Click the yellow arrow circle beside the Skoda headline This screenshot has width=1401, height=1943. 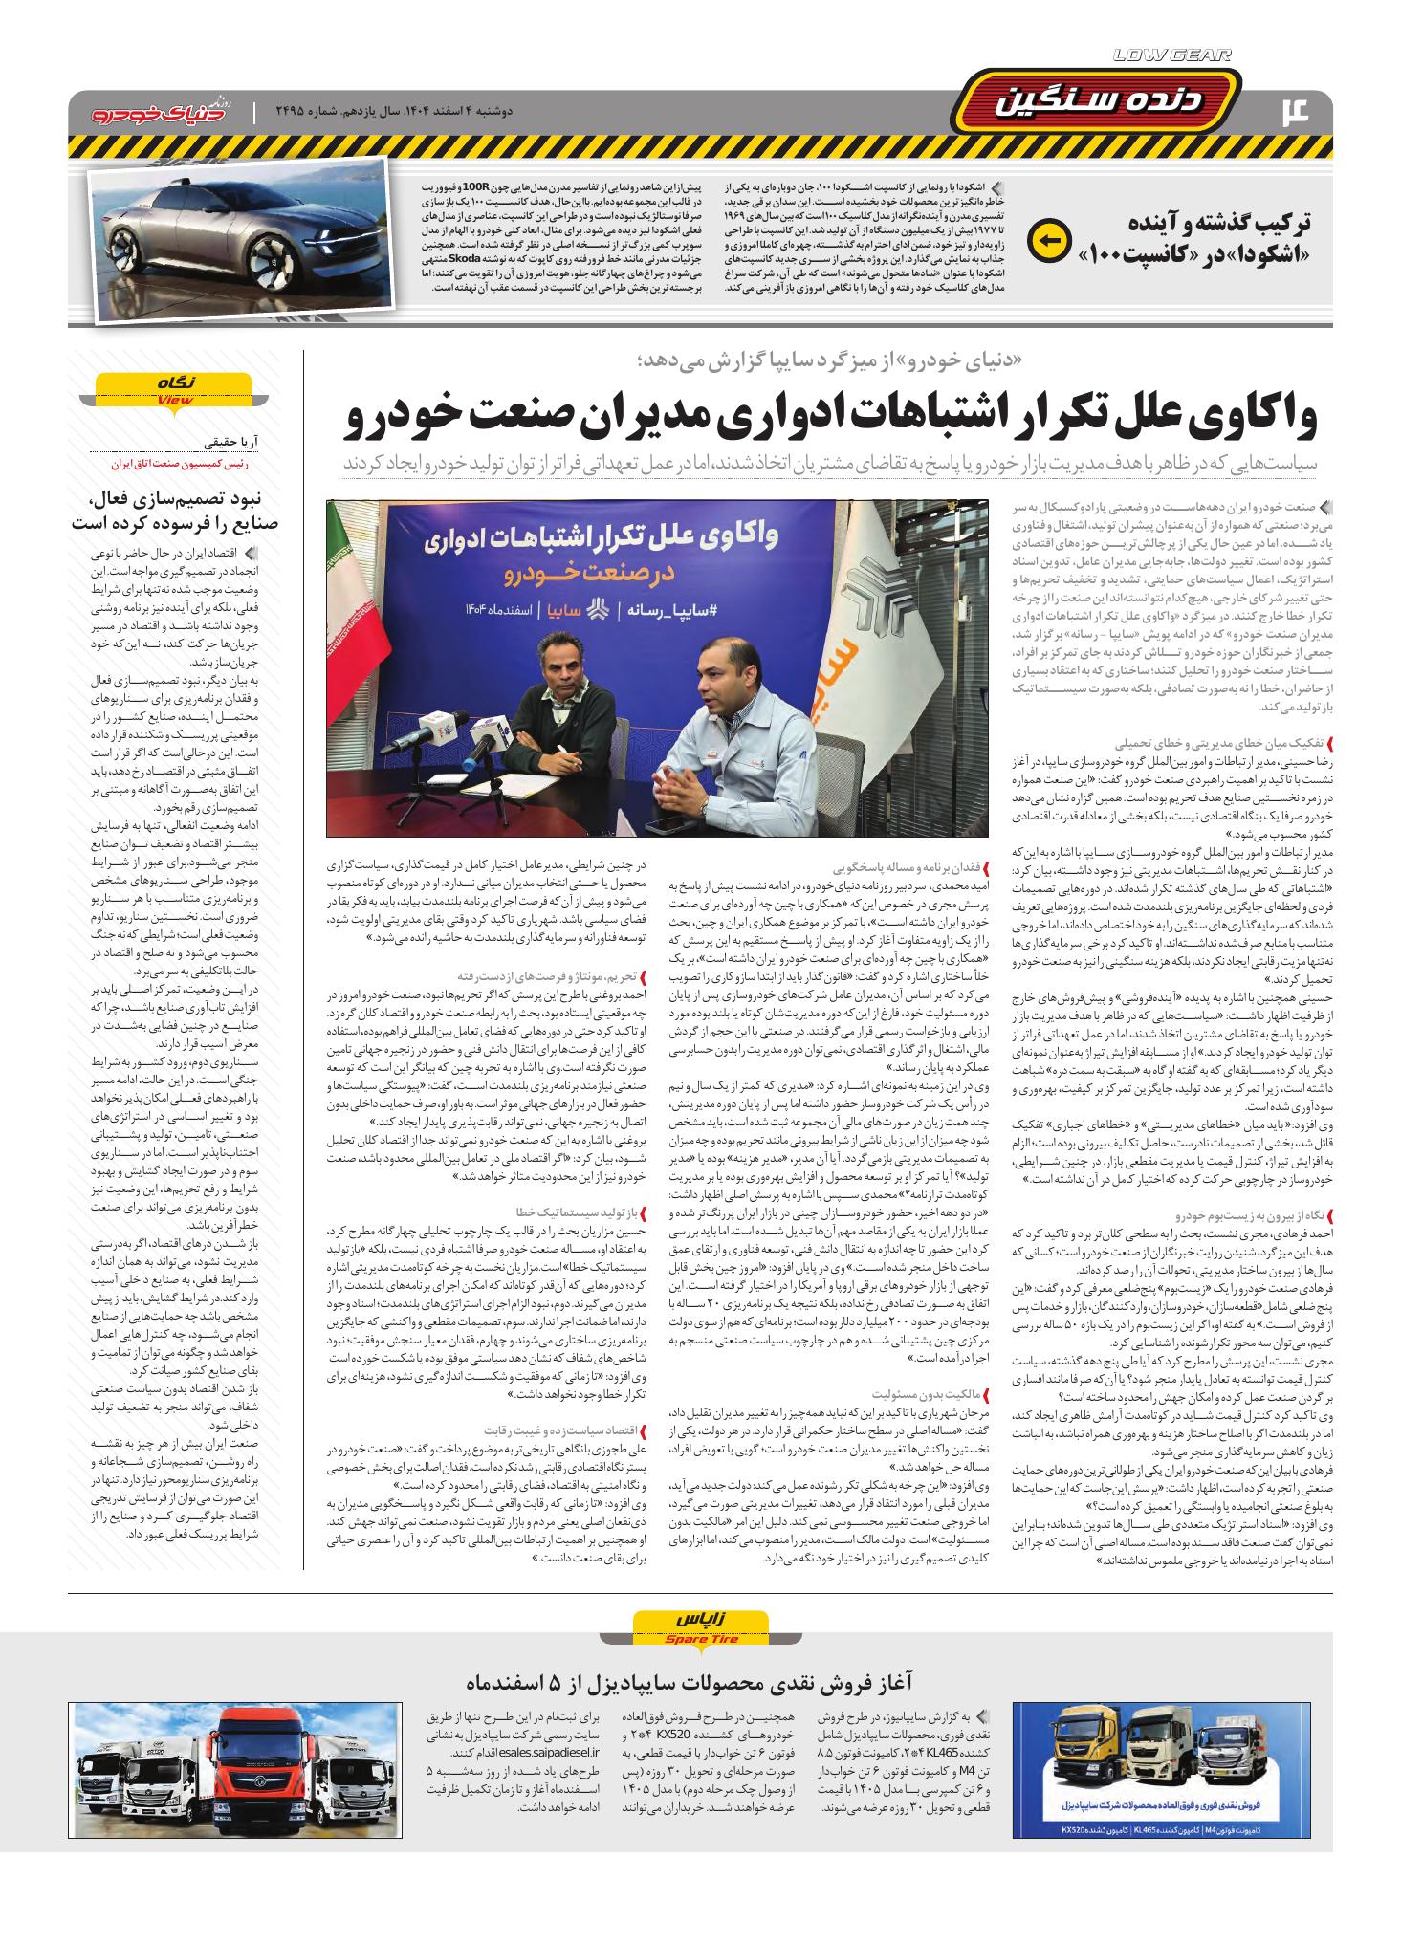[1047, 241]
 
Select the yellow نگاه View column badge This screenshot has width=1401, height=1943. [173, 388]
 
